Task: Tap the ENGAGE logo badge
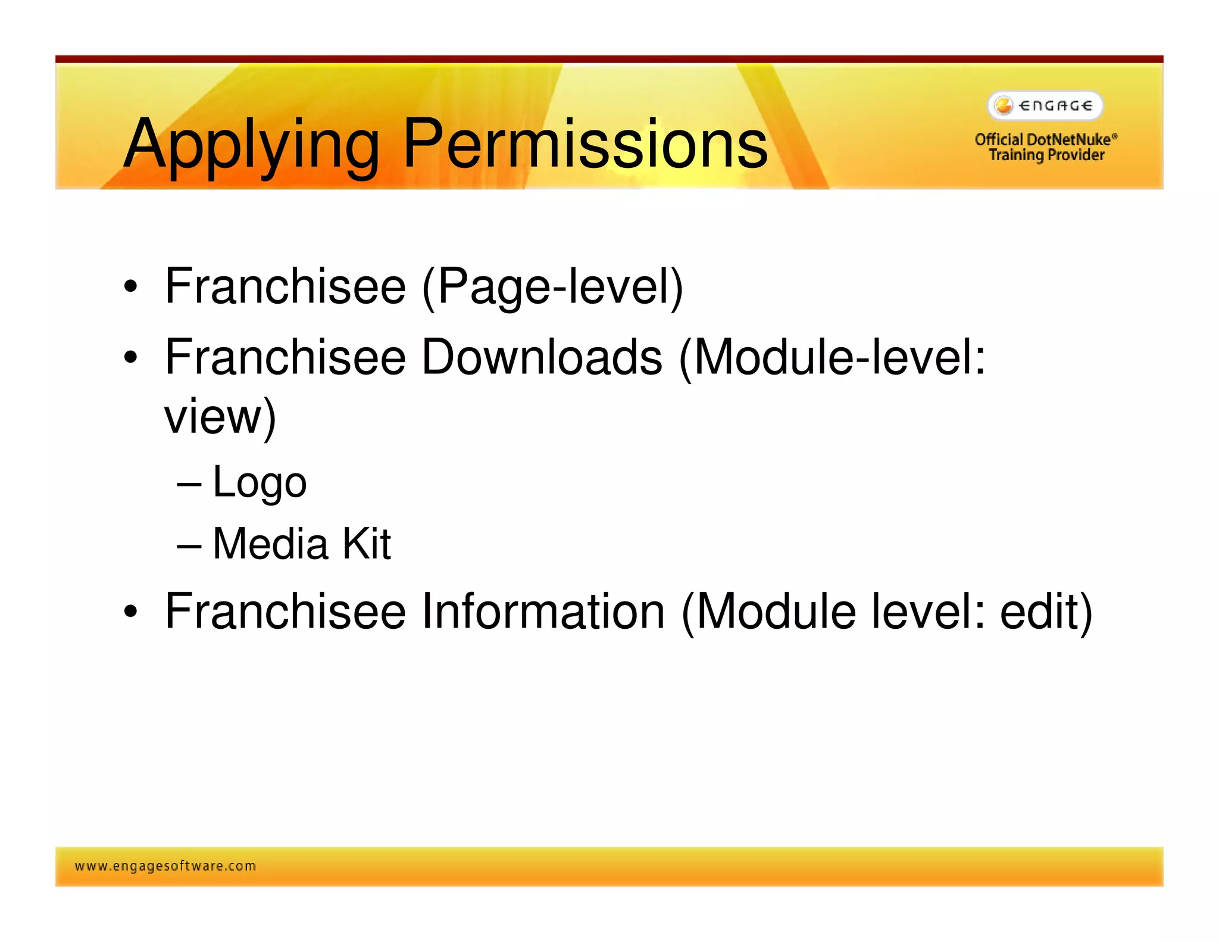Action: (1045, 106)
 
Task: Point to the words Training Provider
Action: (1046, 155)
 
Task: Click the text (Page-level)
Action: (552, 287)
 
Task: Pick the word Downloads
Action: (541, 357)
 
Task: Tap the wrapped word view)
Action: (220, 416)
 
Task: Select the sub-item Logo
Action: (260, 482)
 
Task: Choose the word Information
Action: (543, 612)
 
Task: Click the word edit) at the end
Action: (1046, 612)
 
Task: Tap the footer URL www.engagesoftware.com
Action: (165, 866)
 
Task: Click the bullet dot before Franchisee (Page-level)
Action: (130, 288)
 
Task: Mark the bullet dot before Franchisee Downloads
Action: (130, 358)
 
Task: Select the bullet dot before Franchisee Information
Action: (130, 612)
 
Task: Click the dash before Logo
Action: (189, 484)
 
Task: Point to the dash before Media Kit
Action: (189, 545)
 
